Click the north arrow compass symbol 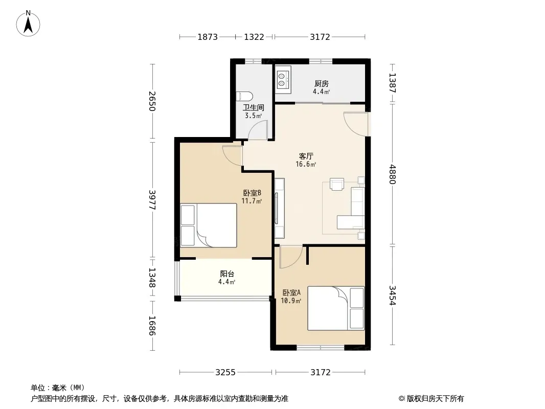point(28,24)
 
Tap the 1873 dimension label point(208,37)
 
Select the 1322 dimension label point(254,37)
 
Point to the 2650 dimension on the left point(152,101)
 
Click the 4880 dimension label point(393,174)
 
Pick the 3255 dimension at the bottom point(225,373)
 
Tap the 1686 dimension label point(152,326)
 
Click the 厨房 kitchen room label point(322,84)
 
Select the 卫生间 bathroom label point(254,108)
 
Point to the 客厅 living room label point(306,156)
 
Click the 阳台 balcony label point(227,274)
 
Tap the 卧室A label point(291,293)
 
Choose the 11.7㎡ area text point(252,201)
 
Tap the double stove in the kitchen point(283,79)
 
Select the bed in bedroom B point(209,225)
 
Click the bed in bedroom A point(336,308)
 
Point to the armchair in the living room point(337,184)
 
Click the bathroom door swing point(258,130)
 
